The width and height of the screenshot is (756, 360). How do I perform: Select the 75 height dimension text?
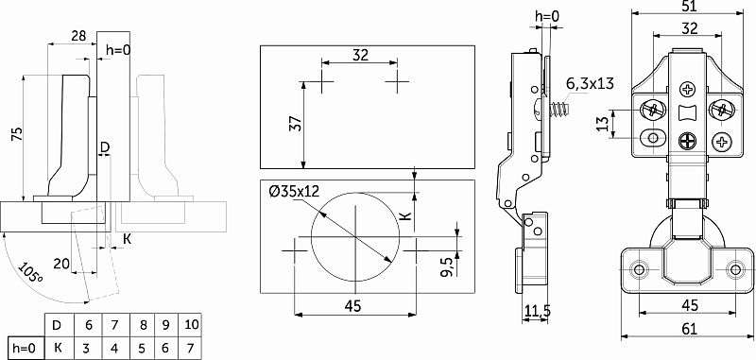coord(16,134)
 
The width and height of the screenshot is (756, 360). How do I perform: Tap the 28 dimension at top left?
coord(78,36)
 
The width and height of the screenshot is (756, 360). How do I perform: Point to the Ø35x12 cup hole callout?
coord(294,192)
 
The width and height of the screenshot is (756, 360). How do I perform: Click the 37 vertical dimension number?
coord(296,124)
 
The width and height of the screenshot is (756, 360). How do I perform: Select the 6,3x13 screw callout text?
coord(590,83)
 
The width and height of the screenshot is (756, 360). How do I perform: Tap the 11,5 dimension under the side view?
coord(536,311)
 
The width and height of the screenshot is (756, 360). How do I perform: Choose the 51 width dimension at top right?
coord(690,6)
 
